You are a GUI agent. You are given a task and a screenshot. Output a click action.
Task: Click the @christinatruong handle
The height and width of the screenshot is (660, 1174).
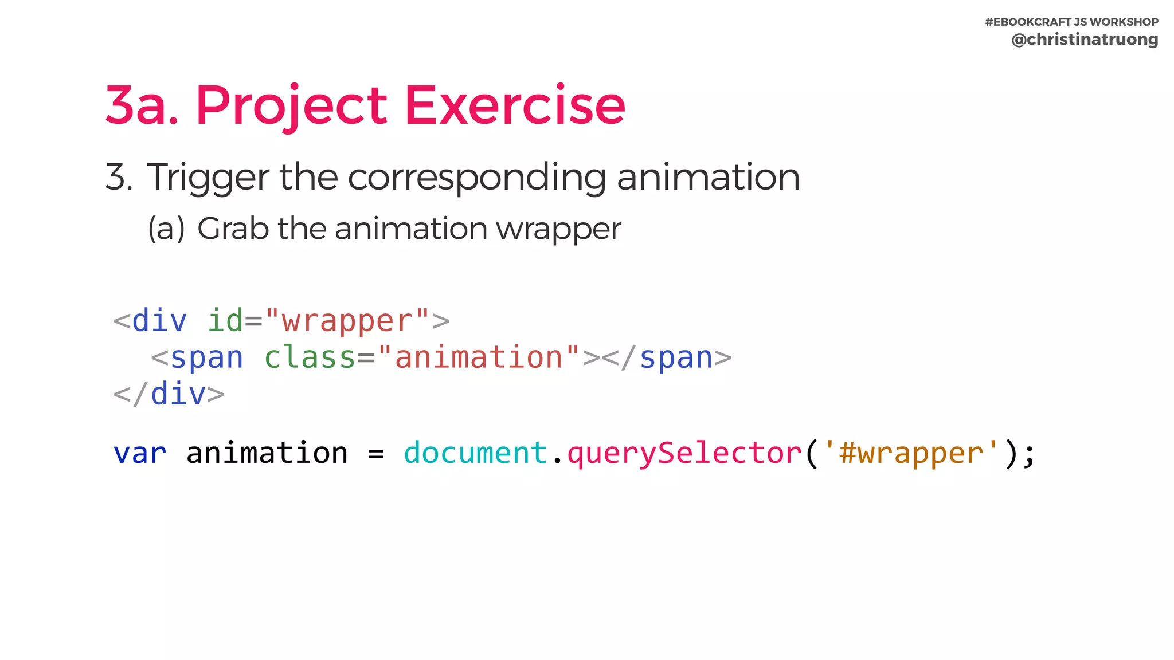click(x=1085, y=40)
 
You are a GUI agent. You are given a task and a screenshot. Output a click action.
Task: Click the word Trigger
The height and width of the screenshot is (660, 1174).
click(x=208, y=178)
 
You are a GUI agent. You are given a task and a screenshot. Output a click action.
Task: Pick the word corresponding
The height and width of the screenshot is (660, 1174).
click(x=476, y=178)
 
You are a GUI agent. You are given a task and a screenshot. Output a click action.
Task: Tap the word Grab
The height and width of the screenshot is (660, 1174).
click(x=233, y=229)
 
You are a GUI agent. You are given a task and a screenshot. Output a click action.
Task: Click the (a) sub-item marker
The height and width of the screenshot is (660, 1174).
click(x=166, y=229)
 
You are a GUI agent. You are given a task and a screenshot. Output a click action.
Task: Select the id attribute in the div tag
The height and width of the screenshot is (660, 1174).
click(x=225, y=320)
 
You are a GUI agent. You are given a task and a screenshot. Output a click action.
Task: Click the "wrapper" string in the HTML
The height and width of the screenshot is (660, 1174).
click(x=347, y=321)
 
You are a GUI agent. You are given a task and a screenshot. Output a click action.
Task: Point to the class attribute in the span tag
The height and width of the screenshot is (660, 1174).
click(x=310, y=357)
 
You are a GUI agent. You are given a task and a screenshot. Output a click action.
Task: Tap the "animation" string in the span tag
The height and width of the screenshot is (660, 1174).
click(x=479, y=357)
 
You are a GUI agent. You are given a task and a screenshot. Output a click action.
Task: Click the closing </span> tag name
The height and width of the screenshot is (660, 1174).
click(x=676, y=358)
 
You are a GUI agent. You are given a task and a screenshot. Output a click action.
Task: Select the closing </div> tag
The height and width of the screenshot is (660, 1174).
click(x=169, y=394)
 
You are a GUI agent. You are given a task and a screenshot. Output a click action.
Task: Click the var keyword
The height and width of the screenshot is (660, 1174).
click(x=140, y=453)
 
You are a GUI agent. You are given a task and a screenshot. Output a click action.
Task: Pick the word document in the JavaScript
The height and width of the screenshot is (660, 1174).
click(x=475, y=453)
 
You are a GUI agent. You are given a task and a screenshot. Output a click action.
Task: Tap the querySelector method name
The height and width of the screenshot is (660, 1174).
click(x=684, y=453)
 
